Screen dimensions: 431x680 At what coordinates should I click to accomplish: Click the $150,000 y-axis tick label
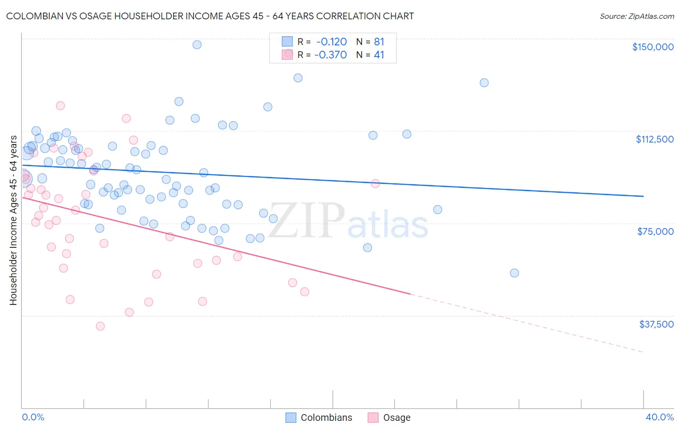(x=652, y=47)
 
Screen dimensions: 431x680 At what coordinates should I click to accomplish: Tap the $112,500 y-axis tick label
(x=654, y=139)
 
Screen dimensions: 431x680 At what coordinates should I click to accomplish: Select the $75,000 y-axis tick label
(x=655, y=231)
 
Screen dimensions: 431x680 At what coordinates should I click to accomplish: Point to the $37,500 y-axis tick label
(x=656, y=324)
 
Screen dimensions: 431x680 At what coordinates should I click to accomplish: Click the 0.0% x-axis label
(x=33, y=417)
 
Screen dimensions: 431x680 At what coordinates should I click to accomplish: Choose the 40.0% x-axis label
(x=659, y=417)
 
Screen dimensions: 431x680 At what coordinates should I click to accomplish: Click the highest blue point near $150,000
(x=197, y=44)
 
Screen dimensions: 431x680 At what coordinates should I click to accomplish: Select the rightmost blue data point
(x=514, y=273)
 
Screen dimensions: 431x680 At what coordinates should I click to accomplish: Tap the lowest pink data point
(x=100, y=326)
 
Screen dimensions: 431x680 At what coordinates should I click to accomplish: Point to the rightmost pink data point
(x=375, y=183)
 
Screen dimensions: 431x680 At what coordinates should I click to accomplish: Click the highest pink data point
(x=60, y=106)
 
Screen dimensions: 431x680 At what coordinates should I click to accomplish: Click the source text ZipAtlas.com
(x=636, y=16)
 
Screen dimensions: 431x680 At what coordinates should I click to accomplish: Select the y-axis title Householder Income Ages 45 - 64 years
(x=14, y=220)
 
